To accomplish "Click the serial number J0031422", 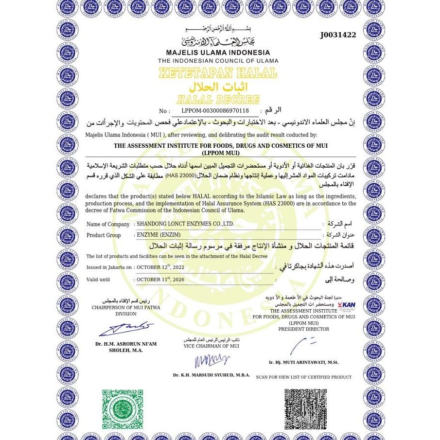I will (338, 35).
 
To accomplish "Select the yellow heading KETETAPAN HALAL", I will (218, 73).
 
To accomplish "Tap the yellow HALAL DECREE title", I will (218, 100).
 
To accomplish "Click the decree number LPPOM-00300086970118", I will (215, 111).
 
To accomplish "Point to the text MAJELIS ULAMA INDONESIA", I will (218, 53).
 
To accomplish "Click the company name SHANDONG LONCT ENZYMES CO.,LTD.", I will (185, 224).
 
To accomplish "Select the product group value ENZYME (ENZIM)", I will (158, 235).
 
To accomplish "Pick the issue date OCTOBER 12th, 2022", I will (160, 267).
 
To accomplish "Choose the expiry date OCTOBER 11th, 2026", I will (160, 280).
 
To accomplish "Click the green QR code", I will (123, 409).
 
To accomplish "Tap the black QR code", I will (305, 409).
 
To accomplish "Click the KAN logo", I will (346, 305).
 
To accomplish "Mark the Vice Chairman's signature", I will (211, 360).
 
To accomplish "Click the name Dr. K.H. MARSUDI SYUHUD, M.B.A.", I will (211, 375).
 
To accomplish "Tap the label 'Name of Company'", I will (108, 225).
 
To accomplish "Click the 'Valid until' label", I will (98, 280).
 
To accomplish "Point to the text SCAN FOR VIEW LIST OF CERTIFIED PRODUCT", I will (303, 377).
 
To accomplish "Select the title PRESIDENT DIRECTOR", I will (303, 329).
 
